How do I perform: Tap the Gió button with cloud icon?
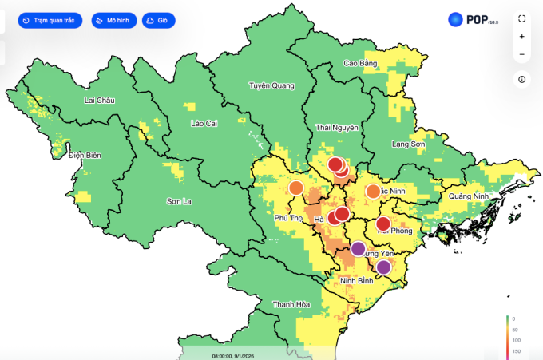tap(159, 21)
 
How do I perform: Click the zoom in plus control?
tap(521, 37)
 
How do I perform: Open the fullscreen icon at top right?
tap(521, 18)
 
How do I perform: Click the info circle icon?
tap(521, 79)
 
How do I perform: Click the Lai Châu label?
tap(100, 101)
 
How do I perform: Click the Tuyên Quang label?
tap(271, 85)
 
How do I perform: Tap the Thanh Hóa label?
tap(291, 305)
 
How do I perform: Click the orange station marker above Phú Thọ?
tap(296, 188)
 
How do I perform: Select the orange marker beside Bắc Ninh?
tap(373, 192)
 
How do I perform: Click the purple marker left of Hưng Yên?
tap(360, 248)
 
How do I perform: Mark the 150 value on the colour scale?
tap(517, 350)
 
